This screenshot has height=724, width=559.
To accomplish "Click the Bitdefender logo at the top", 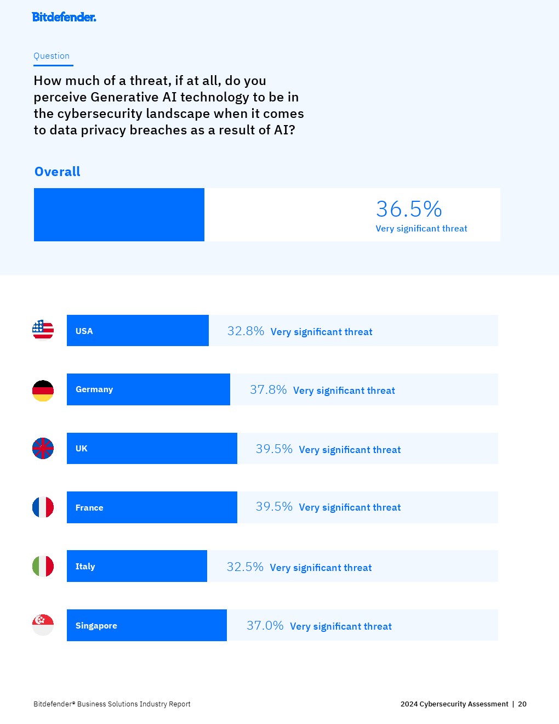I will tap(64, 17).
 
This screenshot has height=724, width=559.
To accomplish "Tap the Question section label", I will tap(52, 56).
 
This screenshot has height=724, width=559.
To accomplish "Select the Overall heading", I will tap(58, 172).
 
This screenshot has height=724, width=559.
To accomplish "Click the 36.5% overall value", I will tap(409, 209).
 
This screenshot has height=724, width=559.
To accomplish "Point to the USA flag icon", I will tap(43, 330).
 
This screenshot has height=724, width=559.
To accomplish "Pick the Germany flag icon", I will tap(43, 391).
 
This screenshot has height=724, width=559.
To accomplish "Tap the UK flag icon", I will tap(43, 448).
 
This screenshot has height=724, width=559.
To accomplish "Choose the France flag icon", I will tap(43, 507).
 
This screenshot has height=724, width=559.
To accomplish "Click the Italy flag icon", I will tap(43, 566).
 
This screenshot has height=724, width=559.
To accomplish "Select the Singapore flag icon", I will tap(43, 625).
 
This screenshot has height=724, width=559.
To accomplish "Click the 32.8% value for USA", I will tap(246, 331).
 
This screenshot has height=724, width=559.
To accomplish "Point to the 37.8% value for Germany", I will tap(268, 390).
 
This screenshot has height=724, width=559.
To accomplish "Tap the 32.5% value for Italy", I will tap(245, 567).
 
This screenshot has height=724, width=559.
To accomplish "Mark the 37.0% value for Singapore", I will tap(265, 626).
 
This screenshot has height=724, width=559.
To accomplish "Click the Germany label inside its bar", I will tap(94, 389).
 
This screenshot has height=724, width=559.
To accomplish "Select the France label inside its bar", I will tap(89, 508).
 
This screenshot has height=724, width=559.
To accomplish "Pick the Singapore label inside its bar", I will tap(96, 626).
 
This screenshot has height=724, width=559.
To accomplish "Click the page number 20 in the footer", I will tap(522, 704).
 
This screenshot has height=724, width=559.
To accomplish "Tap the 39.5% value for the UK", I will tap(274, 449).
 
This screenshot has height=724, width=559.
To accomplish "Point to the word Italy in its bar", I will tap(85, 567).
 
